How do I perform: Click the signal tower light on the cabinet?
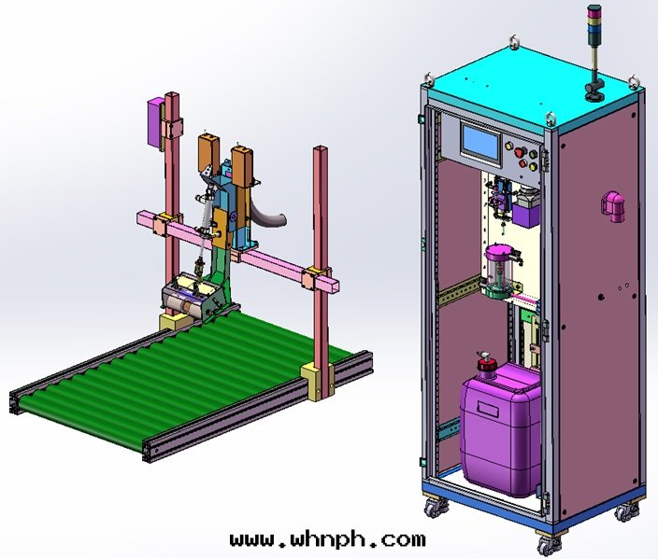(594, 52)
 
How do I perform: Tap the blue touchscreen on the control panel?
(481, 142)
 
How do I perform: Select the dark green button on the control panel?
(534, 154)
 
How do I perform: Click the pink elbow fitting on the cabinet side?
(613, 206)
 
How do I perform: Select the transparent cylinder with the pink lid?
(500, 271)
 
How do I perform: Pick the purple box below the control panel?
(526, 216)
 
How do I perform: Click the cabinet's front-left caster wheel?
(433, 508)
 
